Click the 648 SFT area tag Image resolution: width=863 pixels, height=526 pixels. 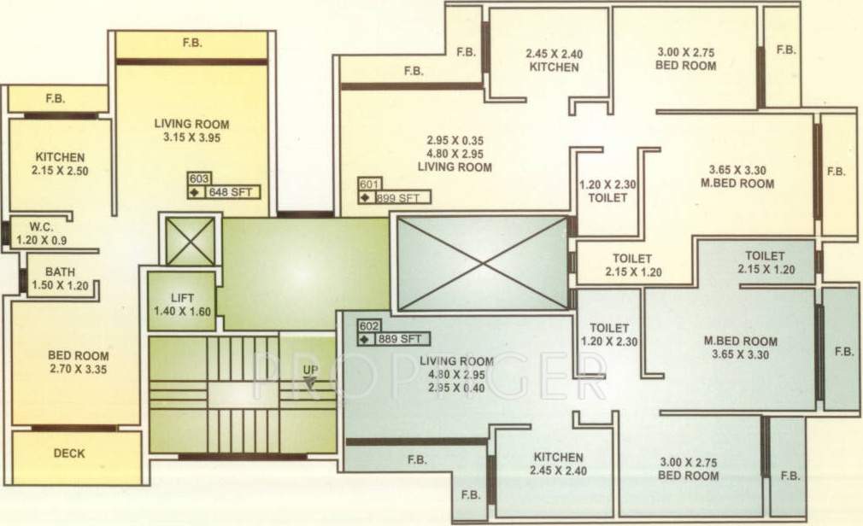click(x=232, y=191)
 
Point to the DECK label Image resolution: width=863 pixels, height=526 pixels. click(x=69, y=453)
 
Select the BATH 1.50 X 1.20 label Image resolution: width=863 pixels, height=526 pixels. click(x=60, y=279)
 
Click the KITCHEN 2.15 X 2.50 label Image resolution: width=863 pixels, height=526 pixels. click(x=60, y=164)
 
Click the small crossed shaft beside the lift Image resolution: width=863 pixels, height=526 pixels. click(x=190, y=241)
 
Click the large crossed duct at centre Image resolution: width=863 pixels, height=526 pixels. click(x=483, y=262)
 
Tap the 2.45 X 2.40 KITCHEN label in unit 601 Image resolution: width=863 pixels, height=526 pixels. click(x=553, y=60)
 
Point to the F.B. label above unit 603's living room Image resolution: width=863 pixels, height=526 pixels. click(x=191, y=42)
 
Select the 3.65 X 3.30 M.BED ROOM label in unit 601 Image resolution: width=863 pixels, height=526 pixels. click(x=741, y=176)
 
